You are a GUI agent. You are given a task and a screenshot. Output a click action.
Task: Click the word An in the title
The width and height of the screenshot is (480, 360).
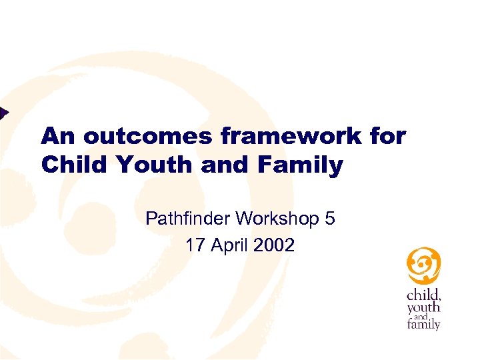pos(59,136)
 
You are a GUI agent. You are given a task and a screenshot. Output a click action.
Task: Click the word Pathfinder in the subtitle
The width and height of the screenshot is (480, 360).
pos(189,218)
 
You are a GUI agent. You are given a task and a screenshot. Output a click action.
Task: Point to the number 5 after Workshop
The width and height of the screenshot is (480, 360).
pos(330,218)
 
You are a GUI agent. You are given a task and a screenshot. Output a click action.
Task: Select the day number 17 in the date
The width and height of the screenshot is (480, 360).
pos(195,245)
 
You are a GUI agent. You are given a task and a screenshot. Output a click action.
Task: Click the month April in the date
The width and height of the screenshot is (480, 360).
pos(229,246)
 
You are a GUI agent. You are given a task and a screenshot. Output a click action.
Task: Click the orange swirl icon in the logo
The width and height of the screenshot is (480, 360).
pos(423,265)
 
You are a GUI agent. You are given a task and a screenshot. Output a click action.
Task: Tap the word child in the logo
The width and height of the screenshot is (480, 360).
pos(423,295)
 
